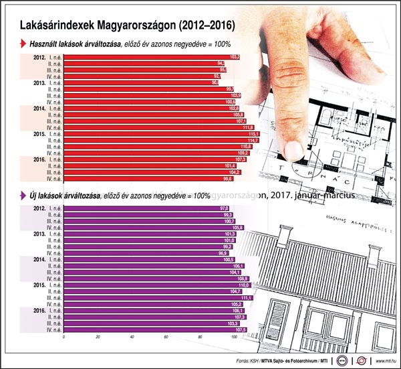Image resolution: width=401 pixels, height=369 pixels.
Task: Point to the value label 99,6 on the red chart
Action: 227,178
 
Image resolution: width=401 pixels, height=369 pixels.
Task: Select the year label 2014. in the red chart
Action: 39,108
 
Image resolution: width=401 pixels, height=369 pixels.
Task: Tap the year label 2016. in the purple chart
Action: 39,310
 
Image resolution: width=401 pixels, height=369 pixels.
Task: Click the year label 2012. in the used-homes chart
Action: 39,58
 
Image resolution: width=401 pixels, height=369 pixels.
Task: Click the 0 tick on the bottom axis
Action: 63,337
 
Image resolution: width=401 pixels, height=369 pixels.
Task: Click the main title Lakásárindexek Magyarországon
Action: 127,26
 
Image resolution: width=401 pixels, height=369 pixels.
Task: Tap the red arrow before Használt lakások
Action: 24,45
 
